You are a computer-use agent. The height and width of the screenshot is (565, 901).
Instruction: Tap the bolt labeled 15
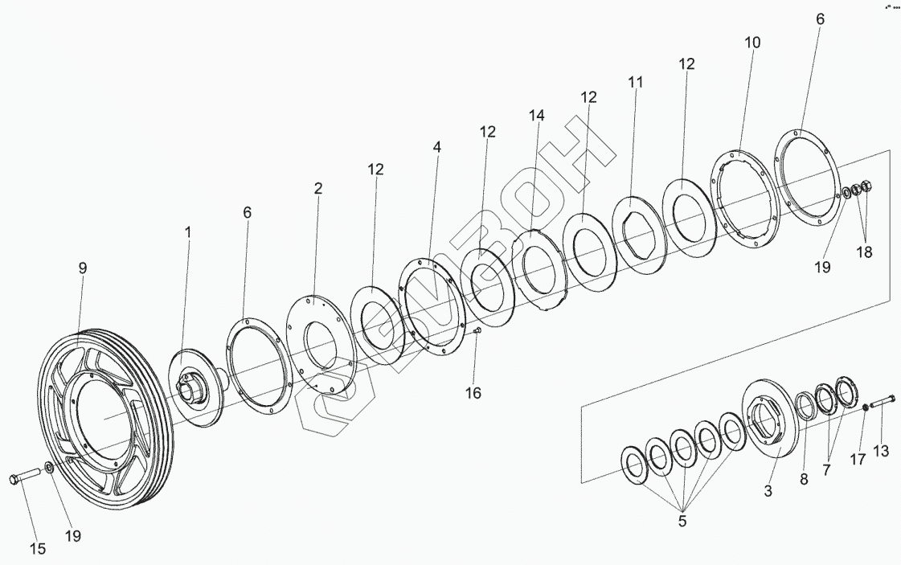23,477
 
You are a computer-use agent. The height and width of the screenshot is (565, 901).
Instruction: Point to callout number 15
37,550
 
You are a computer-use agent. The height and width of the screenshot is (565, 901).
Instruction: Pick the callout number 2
318,189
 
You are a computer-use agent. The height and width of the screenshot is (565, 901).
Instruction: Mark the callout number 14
536,116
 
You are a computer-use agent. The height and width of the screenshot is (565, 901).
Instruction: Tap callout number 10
752,43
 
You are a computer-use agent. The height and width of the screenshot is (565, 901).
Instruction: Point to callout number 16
473,392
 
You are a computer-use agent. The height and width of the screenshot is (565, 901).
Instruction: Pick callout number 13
881,452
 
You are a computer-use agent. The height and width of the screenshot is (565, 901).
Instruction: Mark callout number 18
864,252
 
